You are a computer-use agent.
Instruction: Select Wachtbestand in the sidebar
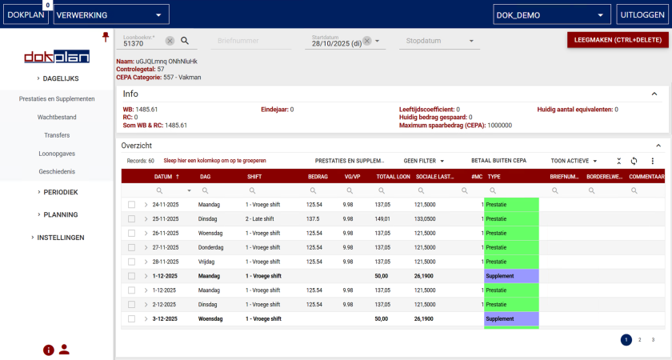56,117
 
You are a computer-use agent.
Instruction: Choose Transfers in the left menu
56,135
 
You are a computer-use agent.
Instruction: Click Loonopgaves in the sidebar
56,154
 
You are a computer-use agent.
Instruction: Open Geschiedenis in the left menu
56,172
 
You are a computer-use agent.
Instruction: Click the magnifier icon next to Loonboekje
184,41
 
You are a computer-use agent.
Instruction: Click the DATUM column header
163,176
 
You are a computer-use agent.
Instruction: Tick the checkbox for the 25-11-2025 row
132,219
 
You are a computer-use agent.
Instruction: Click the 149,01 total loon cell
382,219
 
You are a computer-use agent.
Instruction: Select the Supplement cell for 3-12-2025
511,319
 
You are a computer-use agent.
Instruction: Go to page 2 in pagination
639,340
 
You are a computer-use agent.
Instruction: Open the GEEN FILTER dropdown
424,161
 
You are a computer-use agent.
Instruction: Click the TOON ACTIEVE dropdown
574,161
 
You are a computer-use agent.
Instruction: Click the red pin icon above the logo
105,37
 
